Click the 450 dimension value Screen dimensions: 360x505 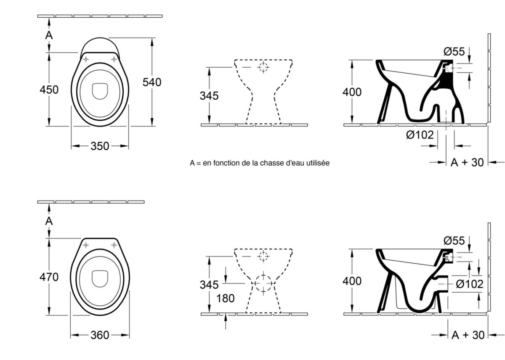[49, 90]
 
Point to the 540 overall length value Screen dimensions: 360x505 [151, 82]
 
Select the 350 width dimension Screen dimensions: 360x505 [100, 146]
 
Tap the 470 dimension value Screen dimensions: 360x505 [49, 277]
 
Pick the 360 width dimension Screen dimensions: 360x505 [100, 335]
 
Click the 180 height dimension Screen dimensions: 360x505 [225, 299]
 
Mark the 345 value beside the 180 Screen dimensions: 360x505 [209, 285]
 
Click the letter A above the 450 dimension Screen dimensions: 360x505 [49, 36]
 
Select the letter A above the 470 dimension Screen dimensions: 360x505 [49, 221]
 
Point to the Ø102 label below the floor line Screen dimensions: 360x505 [420, 135]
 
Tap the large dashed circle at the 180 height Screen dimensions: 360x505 [263, 283]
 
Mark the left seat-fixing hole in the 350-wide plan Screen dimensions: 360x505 [86, 59]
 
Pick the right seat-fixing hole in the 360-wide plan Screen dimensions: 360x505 [114, 245]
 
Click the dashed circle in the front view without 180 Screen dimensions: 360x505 [263, 67]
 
